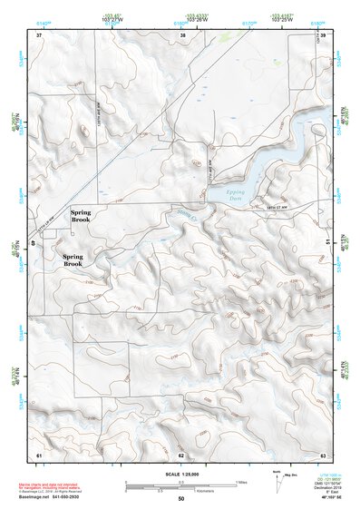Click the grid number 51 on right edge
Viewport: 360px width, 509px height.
(327, 243)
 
